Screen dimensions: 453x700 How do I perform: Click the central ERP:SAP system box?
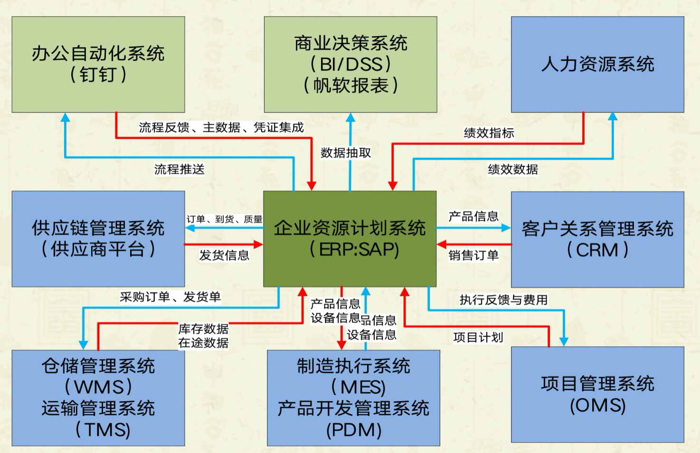[x=350, y=239]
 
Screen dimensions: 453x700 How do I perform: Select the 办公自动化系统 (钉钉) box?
[x=98, y=65]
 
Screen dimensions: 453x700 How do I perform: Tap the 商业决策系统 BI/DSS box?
[x=350, y=65]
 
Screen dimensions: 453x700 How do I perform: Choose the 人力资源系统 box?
[x=597, y=65]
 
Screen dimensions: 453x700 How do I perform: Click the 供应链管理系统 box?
[x=98, y=239]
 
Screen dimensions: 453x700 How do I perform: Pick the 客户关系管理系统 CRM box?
[x=597, y=239]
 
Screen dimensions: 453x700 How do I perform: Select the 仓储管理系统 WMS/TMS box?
[x=98, y=398]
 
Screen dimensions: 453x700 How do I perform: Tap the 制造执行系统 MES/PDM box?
[x=353, y=398]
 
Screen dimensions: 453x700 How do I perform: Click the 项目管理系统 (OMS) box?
[x=597, y=395]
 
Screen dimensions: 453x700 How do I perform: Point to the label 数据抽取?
[x=346, y=153]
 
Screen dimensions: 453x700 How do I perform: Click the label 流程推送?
[x=179, y=170]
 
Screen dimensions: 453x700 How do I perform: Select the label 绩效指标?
[x=489, y=133]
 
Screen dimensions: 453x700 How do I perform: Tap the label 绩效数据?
[x=513, y=170]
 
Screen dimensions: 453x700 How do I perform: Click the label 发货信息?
[x=224, y=255]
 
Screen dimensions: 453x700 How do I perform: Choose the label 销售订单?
[x=473, y=255]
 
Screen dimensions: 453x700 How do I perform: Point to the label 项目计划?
[x=478, y=338]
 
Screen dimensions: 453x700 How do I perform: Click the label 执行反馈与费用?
[x=503, y=300]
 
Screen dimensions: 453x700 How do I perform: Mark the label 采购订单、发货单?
[x=170, y=297]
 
